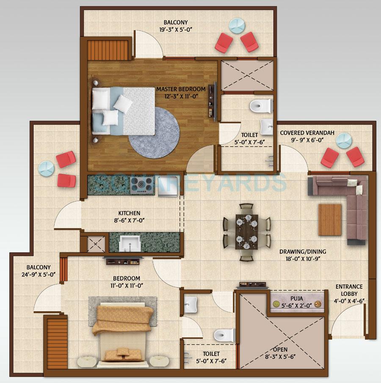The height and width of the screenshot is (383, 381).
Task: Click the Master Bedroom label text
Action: click(181, 89)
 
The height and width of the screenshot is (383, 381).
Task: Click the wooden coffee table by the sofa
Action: click(330, 219)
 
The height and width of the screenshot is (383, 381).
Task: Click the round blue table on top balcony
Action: click(235, 25)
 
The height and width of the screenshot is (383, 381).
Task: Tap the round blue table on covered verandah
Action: click(344, 140)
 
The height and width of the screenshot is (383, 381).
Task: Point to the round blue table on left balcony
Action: click(46, 169)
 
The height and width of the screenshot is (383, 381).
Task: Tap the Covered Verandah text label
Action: click(307, 133)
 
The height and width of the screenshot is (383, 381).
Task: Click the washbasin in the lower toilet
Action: click(191, 303)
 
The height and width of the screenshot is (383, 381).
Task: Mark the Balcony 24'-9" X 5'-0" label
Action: click(39, 271)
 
